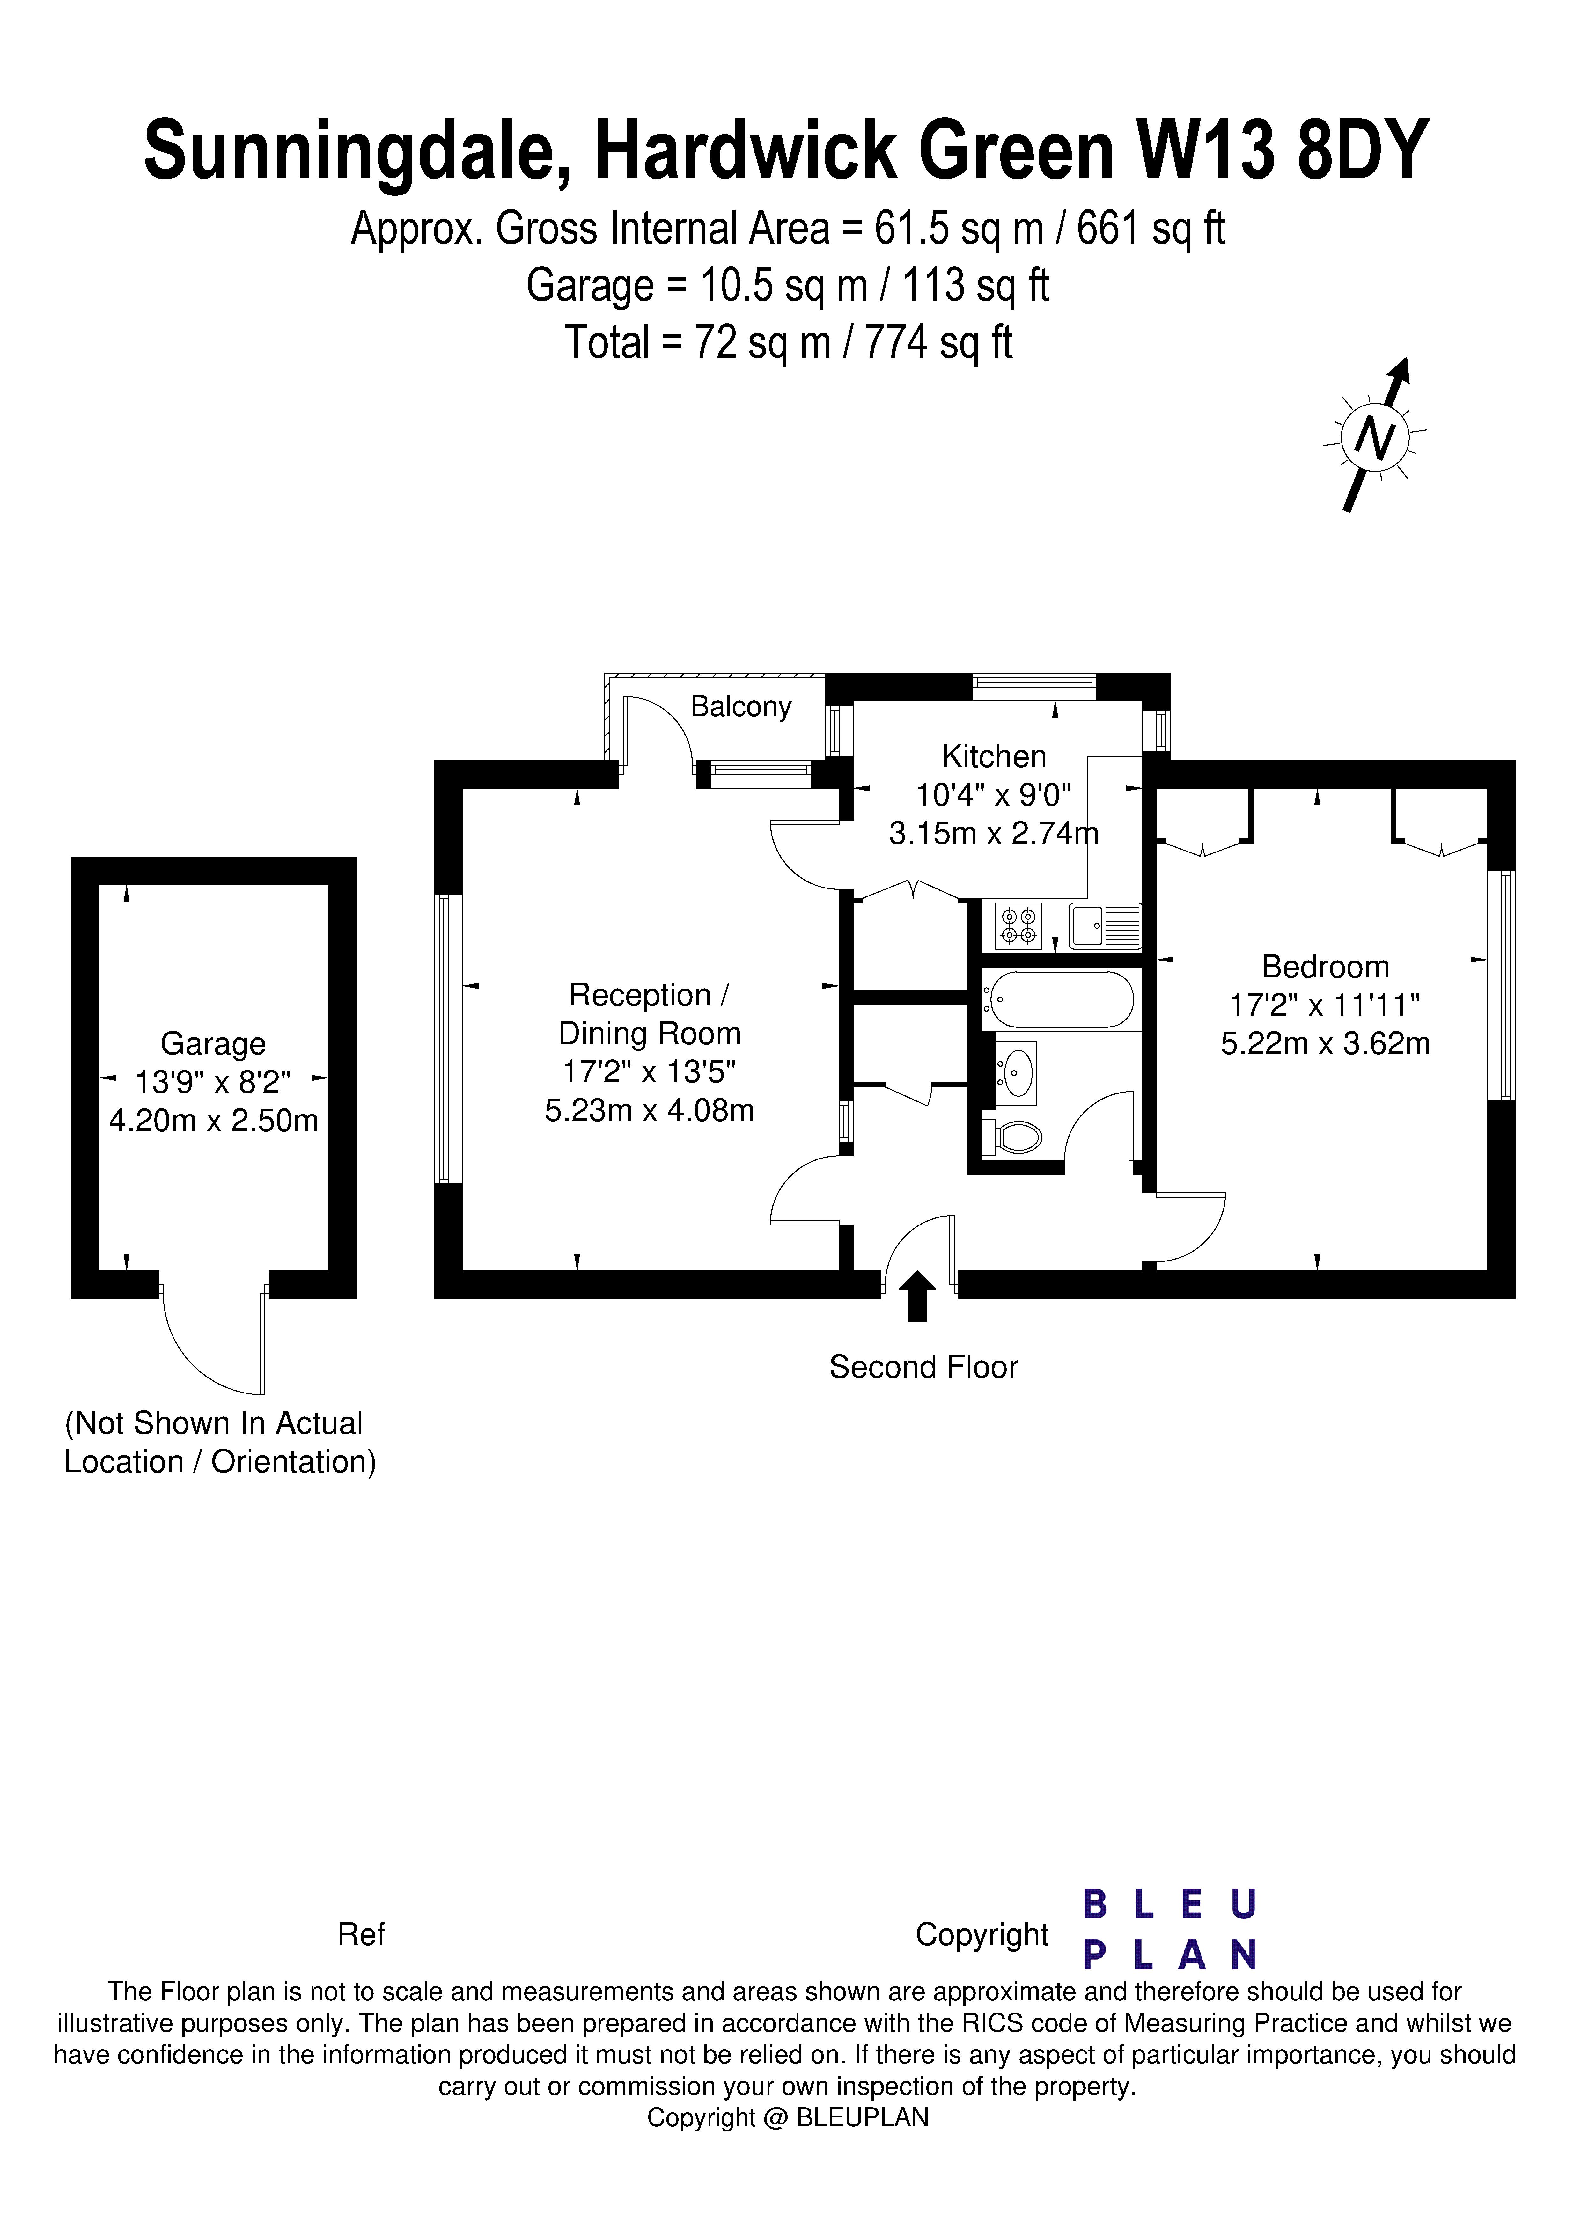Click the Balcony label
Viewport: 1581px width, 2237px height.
(x=741, y=706)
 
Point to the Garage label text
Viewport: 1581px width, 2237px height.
(x=212, y=1043)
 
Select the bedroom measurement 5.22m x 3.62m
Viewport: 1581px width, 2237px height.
(x=1325, y=1043)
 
